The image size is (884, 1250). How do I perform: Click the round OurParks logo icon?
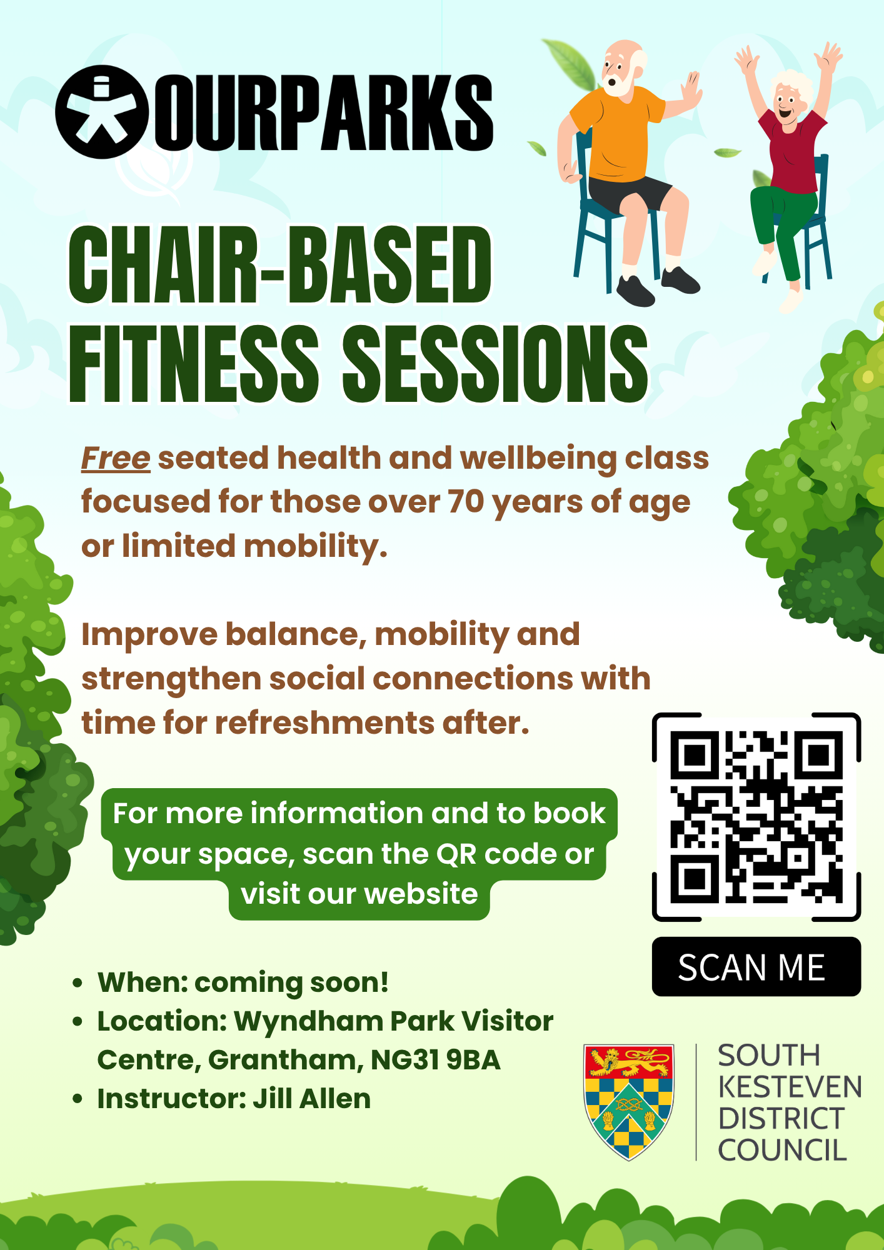[102, 112]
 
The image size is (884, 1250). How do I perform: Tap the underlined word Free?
[116, 458]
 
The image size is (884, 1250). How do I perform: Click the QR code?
[756, 816]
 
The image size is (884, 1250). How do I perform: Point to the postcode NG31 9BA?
[436, 1060]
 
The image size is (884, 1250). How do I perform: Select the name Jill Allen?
[311, 1099]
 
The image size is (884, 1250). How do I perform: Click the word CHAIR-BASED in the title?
[279, 265]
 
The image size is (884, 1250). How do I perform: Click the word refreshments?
[326, 723]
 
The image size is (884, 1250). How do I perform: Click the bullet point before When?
[78, 983]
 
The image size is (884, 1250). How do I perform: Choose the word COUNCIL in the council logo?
[782, 1151]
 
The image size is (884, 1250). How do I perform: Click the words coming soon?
[291, 982]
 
